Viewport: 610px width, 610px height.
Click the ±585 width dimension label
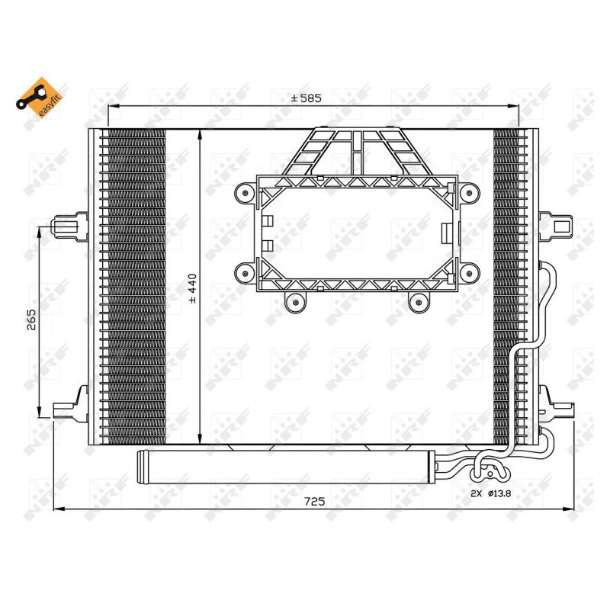[x=307, y=98]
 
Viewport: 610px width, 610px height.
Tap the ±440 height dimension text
[x=192, y=288]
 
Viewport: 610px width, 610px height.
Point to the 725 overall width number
[x=315, y=501]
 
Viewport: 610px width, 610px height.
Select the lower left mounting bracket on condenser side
[x=70, y=403]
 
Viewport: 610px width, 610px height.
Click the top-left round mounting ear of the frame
[x=245, y=194]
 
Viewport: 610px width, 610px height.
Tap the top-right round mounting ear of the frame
[x=470, y=194]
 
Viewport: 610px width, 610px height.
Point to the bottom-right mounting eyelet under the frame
[x=417, y=303]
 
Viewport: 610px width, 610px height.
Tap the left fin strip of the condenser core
[x=133, y=286]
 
